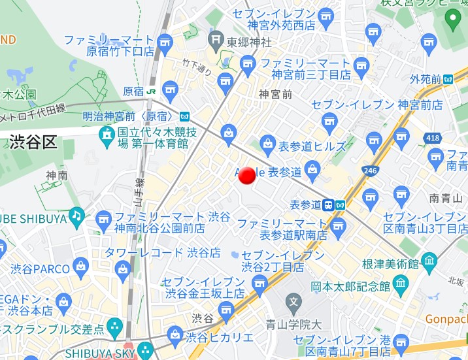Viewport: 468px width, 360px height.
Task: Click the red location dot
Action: coord(247,175)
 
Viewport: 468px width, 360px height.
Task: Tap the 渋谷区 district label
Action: coord(33,142)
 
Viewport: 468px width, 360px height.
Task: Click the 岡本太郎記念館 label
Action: coord(350,286)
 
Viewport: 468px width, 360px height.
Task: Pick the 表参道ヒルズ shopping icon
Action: coord(267,143)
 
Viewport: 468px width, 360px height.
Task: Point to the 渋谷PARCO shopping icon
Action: coord(81,266)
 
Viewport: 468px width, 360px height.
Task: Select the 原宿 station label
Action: coord(133,91)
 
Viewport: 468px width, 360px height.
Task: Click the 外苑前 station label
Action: coord(426,79)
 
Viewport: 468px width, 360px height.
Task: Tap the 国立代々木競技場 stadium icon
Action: coord(106,135)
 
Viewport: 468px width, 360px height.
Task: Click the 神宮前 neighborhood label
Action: coord(275,94)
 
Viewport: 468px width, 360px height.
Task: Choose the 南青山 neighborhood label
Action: coord(446,198)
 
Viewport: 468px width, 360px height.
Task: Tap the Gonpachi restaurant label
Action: coord(447,319)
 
